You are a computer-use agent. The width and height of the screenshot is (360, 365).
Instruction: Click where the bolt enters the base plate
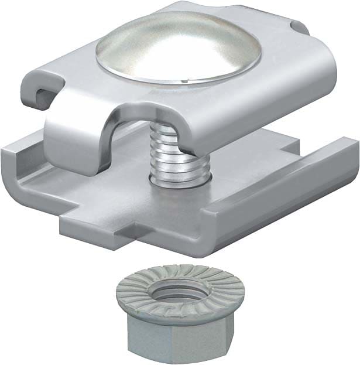(179, 182)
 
